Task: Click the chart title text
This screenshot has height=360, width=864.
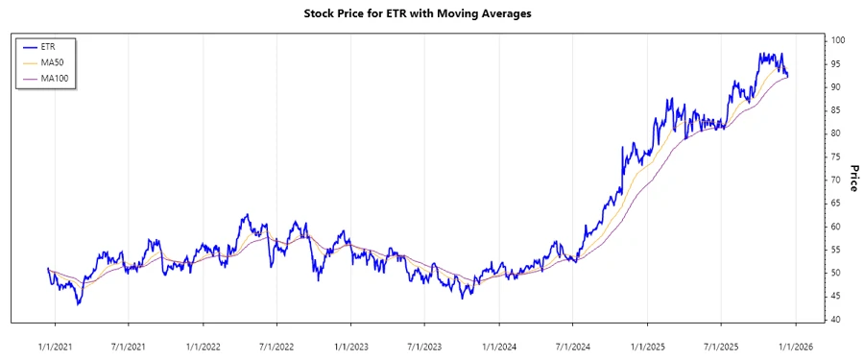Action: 432,13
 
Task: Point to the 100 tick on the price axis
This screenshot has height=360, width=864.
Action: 838,40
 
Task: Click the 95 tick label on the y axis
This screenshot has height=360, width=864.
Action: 837,63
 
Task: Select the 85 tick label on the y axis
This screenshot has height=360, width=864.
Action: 837,110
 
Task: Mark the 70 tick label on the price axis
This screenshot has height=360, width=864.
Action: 837,180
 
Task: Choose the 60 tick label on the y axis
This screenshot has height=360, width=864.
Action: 837,227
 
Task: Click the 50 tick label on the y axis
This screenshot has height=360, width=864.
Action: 837,273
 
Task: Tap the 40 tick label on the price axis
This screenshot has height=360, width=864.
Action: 837,320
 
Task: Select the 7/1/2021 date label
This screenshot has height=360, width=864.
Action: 128,344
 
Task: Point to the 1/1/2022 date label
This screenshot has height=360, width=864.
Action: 203,344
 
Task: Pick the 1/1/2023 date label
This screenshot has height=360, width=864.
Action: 351,344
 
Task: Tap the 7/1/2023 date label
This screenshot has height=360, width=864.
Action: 424,344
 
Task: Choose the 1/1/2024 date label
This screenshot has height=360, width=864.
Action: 499,344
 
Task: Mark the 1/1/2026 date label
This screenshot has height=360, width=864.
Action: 796,344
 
